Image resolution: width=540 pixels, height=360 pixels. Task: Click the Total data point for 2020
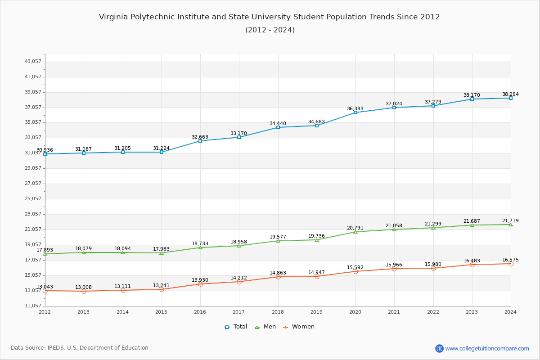(x=355, y=112)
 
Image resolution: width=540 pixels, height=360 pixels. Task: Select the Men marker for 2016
(x=200, y=247)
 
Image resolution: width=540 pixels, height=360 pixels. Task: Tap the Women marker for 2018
(x=278, y=277)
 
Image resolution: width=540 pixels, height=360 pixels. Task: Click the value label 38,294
(x=510, y=94)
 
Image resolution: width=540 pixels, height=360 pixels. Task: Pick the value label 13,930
(x=200, y=280)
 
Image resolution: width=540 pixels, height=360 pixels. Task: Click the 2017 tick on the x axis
(x=239, y=311)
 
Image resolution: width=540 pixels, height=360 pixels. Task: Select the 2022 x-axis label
(x=433, y=311)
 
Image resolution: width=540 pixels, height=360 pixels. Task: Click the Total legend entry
(x=236, y=327)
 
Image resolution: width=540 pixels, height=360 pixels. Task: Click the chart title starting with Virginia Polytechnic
(x=270, y=17)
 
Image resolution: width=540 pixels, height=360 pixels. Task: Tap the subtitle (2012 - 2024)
(x=270, y=30)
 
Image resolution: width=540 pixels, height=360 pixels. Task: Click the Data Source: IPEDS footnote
(x=80, y=348)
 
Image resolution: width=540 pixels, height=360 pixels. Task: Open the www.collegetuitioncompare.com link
(x=487, y=348)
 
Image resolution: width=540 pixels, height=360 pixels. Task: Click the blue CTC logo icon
(x=439, y=348)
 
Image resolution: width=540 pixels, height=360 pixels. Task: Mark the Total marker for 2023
(x=472, y=99)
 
